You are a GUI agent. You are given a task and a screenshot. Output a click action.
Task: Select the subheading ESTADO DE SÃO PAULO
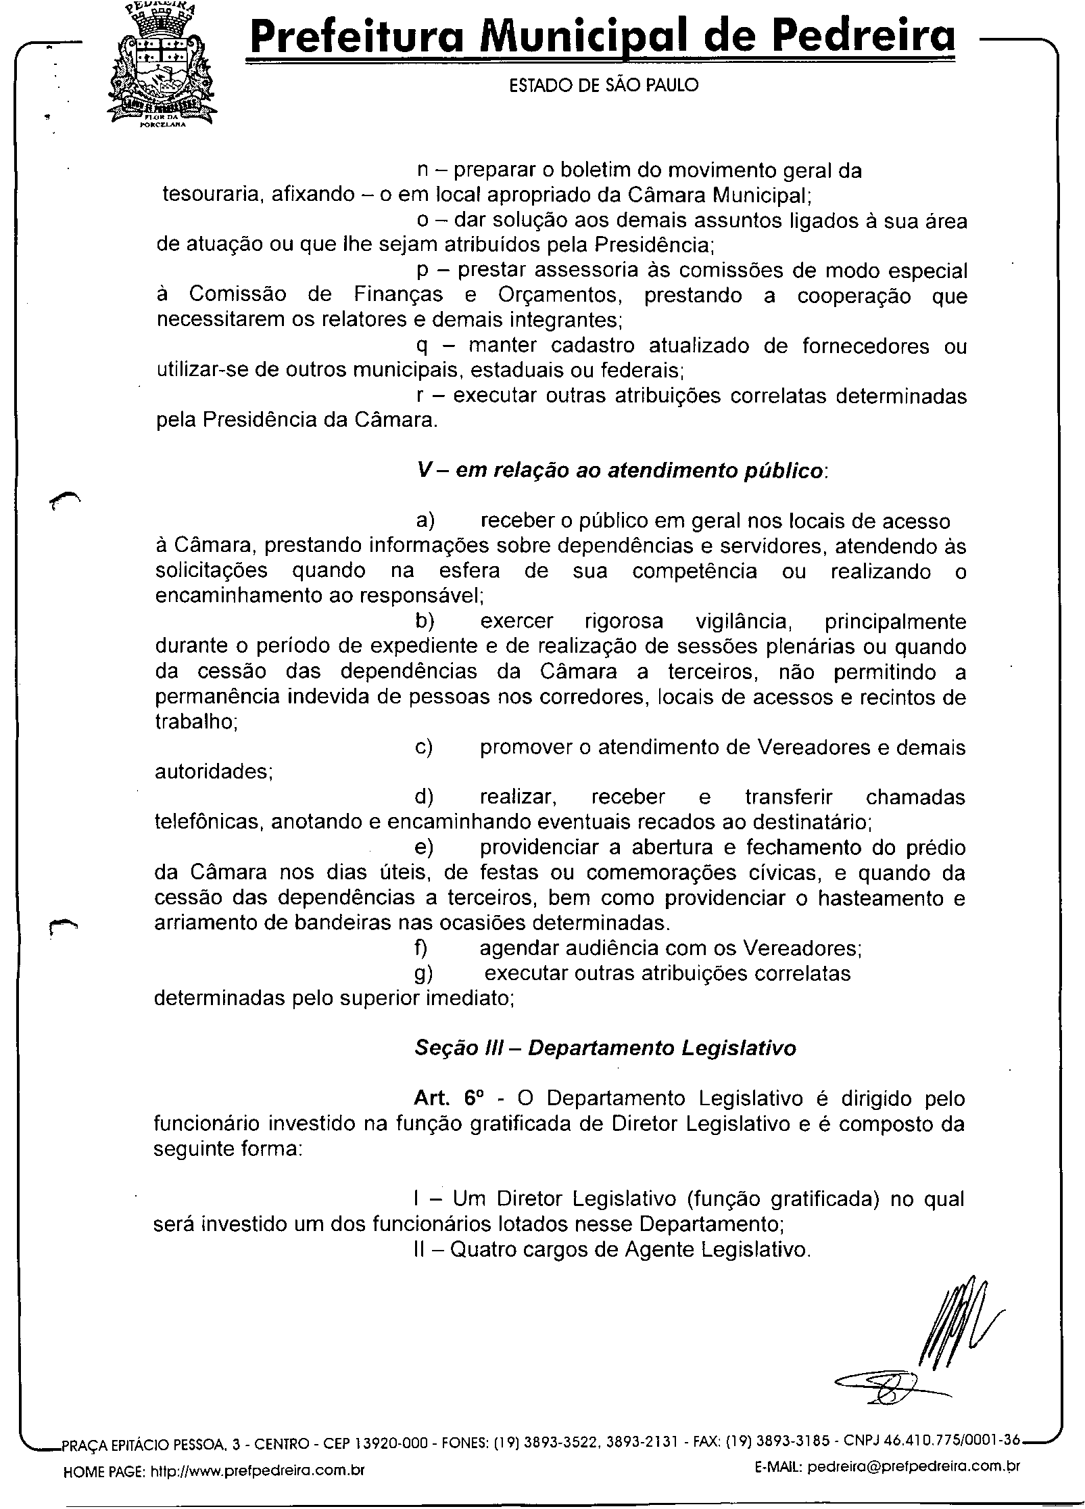603,85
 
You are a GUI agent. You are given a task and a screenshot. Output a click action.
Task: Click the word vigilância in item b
738,621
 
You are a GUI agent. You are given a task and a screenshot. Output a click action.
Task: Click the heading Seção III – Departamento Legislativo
605,1048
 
